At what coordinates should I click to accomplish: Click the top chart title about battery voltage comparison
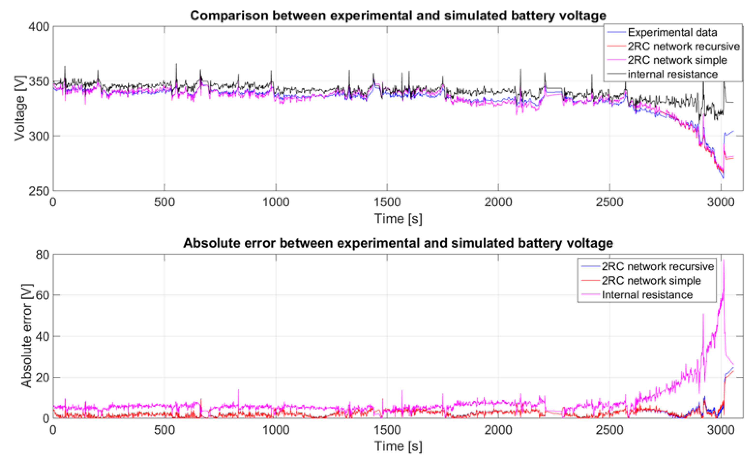coord(398,15)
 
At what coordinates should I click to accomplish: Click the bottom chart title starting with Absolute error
coord(398,243)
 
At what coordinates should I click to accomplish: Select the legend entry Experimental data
coord(672,32)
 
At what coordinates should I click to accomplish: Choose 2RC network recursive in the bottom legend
coord(657,266)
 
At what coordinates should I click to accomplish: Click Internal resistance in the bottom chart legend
coord(647,295)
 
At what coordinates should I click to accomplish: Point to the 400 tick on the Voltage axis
coord(39,27)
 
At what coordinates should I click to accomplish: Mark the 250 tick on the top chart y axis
coord(39,191)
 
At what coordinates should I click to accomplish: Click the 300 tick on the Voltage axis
coord(39,136)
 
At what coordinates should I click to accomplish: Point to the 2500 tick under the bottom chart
coord(609,430)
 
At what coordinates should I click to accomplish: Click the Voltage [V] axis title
coord(20,108)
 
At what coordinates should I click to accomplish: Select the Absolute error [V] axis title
coord(26,336)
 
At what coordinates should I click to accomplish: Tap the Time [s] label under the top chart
coord(398,219)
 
